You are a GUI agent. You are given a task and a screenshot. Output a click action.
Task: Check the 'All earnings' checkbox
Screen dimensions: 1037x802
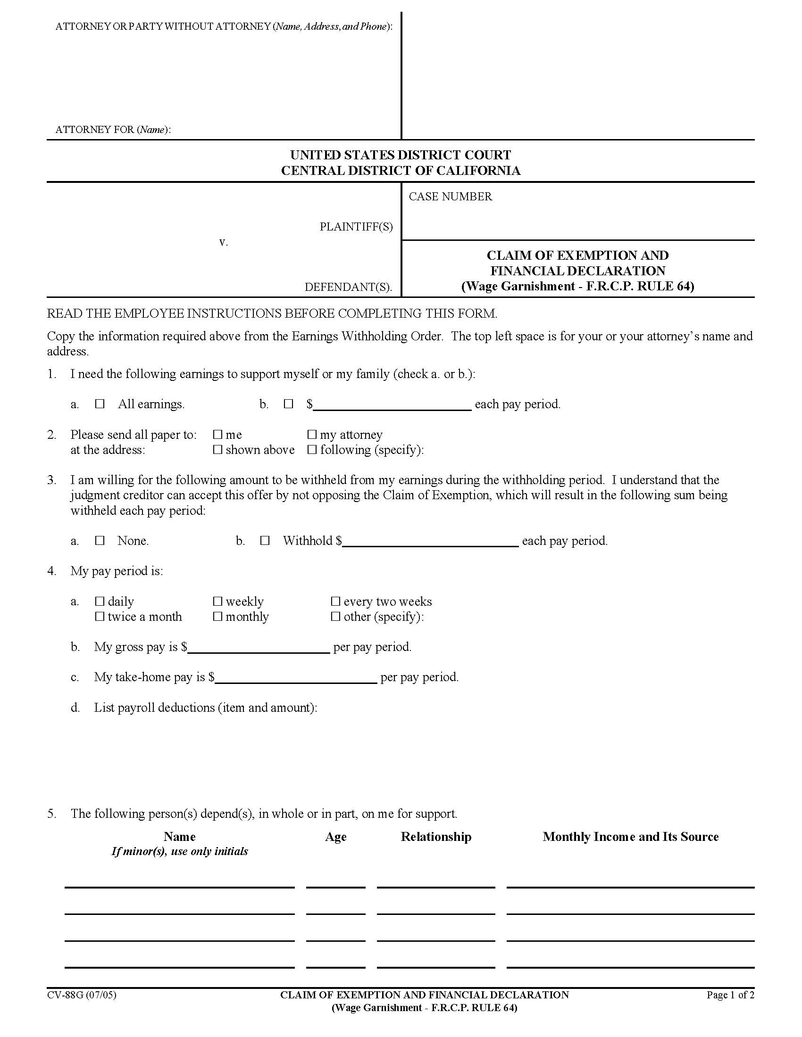coord(100,404)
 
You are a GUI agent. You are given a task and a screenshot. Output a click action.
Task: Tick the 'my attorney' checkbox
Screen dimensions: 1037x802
coord(312,435)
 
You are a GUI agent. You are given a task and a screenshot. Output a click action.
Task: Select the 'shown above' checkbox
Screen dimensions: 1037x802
coord(217,450)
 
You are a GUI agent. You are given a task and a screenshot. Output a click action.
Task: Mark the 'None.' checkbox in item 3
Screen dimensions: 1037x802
coord(100,540)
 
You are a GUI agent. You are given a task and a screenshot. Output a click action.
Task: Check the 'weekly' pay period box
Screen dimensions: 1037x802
coord(217,601)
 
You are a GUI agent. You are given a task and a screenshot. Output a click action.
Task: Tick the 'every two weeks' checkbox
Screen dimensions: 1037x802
coord(335,601)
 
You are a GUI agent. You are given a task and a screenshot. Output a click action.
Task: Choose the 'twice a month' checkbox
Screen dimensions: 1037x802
coord(100,617)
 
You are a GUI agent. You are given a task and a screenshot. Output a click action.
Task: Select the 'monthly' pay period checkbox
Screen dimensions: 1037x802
coord(217,617)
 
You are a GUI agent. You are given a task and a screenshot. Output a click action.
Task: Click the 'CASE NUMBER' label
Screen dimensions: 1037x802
coord(450,197)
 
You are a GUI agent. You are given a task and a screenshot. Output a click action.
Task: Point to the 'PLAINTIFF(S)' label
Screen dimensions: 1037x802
coord(356,227)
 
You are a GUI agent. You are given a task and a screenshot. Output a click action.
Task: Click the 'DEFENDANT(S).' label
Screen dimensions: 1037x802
coord(348,287)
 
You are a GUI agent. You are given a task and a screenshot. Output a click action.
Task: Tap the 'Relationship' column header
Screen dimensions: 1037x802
coord(436,837)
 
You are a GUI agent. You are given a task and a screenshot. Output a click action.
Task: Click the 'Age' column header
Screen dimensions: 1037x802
coord(335,837)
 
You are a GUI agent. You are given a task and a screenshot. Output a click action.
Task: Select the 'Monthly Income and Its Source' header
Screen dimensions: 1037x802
coord(630,837)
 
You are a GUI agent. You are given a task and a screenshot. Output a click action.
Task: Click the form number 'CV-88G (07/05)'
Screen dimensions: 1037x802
coord(81,995)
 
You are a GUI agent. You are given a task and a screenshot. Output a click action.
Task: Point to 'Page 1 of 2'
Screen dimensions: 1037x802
coord(730,995)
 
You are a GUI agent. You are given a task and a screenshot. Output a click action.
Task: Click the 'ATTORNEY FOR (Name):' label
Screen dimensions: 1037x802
coord(113,130)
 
